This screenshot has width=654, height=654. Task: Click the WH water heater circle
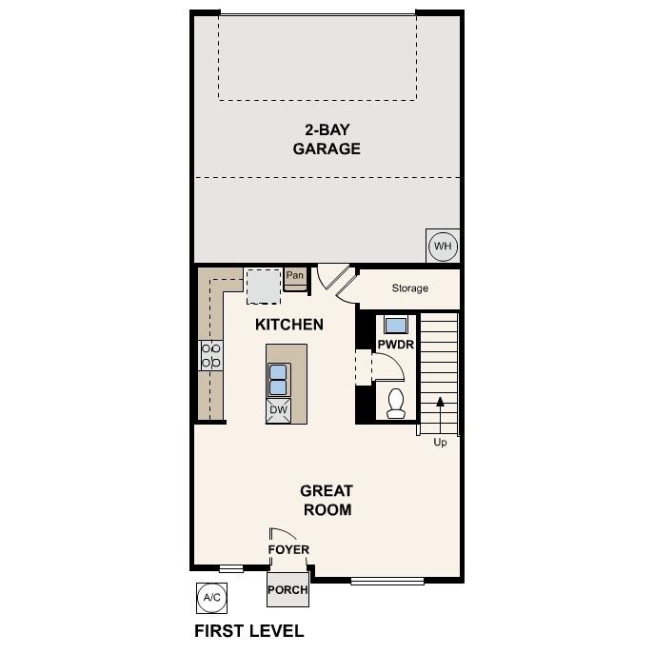pyautogui.click(x=443, y=247)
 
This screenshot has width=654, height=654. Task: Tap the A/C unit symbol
pyautogui.click(x=211, y=597)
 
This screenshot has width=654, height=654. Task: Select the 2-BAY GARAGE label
pyautogui.click(x=326, y=139)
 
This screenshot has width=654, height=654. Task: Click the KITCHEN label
pyautogui.click(x=289, y=325)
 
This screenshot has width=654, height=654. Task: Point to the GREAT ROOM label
pyautogui.click(x=327, y=500)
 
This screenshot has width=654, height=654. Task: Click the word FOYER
pyautogui.click(x=288, y=549)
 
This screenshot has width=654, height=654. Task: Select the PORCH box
pyautogui.click(x=287, y=589)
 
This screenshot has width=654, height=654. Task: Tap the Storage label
pyautogui.click(x=410, y=288)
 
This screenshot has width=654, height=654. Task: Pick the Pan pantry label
pyautogui.click(x=295, y=276)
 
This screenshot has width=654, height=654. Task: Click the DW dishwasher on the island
pyautogui.click(x=278, y=410)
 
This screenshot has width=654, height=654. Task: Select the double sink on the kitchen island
pyautogui.click(x=278, y=379)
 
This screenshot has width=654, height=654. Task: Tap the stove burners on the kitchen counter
pyautogui.click(x=211, y=356)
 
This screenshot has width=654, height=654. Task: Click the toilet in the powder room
pyautogui.click(x=396, y=404)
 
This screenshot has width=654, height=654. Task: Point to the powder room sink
pyautogui.click(x=395, y=323)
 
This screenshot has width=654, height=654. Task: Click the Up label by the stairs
pyautogui.click(x=440, y=442)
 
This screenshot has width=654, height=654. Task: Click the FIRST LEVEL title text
pyautogui.click(x=249, y=631)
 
